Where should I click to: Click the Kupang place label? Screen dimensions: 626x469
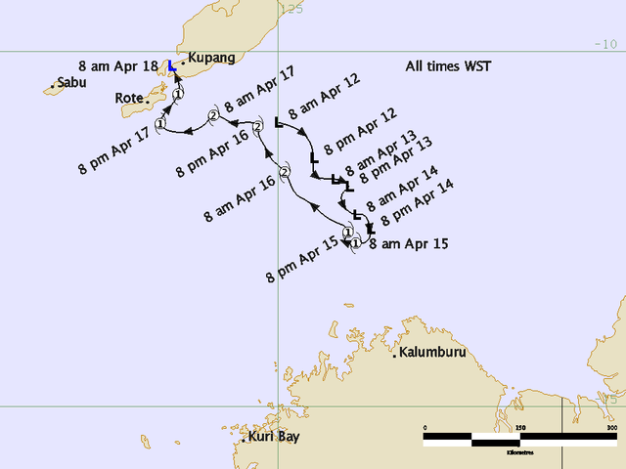point(212,59)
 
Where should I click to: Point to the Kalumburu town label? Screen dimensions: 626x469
point(432,352)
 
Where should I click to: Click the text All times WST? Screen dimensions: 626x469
point(448,66)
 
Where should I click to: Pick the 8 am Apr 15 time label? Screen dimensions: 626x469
point(409,244)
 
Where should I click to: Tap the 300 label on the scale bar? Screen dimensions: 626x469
point(612,427)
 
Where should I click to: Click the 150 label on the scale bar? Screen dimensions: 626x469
point(520,427)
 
